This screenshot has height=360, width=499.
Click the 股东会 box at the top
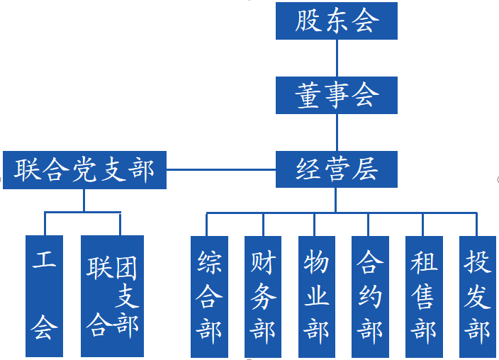coord(336,21)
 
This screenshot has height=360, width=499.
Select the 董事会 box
coord(336,95)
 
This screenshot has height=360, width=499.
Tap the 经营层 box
coord(336,169)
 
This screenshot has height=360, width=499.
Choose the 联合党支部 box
coord(84,170)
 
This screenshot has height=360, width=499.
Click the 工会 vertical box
coord(44,296)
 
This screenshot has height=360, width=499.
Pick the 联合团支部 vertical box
coord(112,296)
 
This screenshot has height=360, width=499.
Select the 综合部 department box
coord(209,296)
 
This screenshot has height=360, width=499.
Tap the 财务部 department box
coord(263,296)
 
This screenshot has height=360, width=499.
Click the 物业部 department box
coord(316,296)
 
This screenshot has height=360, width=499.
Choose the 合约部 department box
coord(370,296)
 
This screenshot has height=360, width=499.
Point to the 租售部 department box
coord(424,296)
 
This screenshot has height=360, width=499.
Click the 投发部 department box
coord(478,296)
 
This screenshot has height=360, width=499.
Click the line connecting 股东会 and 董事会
coord(337,58)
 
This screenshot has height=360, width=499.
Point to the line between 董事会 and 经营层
coord(337,133)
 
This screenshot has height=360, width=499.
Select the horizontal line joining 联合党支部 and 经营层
coord(220,170)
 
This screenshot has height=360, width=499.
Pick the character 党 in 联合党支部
coord(84,170)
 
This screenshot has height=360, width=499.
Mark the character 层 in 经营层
coord(365,169)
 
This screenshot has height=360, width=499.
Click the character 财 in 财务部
coord(263,263)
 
